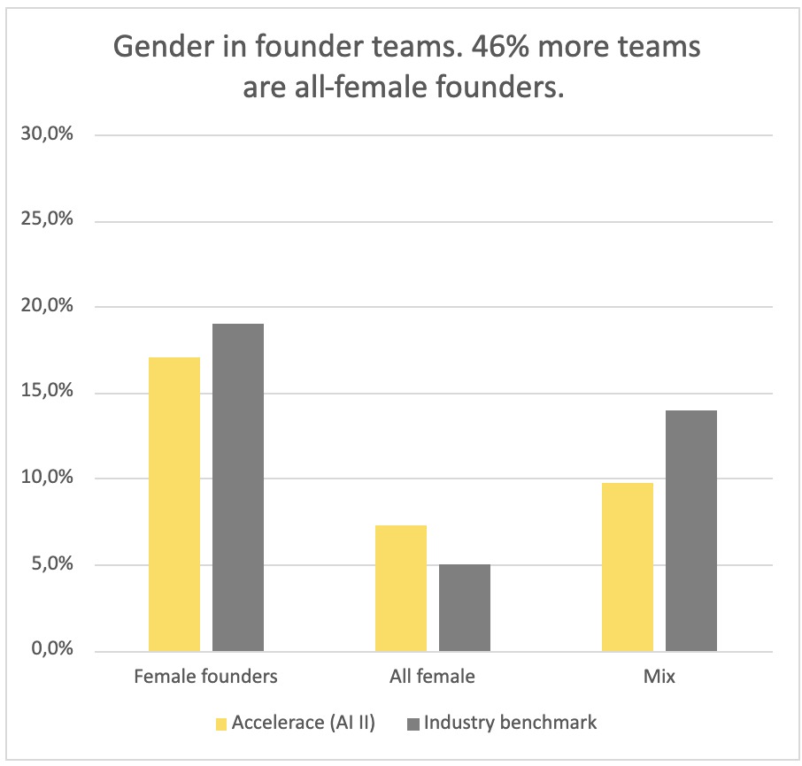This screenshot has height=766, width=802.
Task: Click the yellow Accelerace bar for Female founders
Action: [x=174, y=504]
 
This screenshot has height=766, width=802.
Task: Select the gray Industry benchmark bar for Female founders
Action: [x=238, y=487]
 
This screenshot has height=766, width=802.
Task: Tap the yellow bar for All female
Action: [x=401, y=588]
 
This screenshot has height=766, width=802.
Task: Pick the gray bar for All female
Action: [x=465, y=608]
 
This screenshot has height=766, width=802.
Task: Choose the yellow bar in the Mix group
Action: [x=628, y=567]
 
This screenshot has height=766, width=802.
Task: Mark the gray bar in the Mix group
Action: [x=691, y=531]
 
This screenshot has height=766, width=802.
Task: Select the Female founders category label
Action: [x=206, y=678]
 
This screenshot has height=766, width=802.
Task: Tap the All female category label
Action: [x=433, y=678]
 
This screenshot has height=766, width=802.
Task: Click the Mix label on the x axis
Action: [x=659, y=678]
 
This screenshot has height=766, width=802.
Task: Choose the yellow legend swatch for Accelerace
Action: [x=221, y=724]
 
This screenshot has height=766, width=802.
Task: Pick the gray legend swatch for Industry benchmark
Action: [x=413, y=724]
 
